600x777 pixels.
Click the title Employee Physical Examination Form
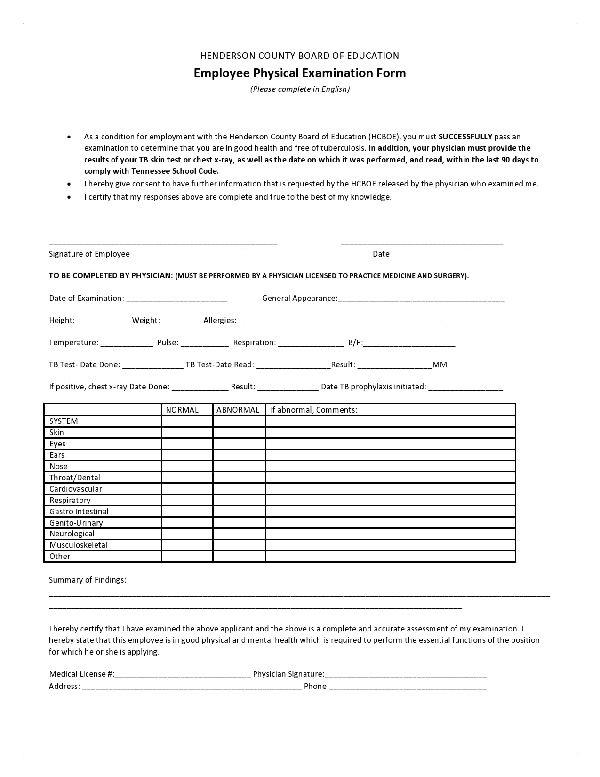point(299,73)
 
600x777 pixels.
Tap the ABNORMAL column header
point(238,410)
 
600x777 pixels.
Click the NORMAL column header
point(182,410)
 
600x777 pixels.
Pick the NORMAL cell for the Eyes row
point(187,444)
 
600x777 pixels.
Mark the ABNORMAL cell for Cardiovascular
point(239,489)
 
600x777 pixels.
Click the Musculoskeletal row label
point(78,545)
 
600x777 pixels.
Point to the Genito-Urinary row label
point(76,523)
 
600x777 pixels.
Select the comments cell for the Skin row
point(390,432)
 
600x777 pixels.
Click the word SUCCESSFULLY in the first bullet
point(465,137)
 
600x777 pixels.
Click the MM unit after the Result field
point(440,364)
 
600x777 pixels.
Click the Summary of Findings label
point(88,580)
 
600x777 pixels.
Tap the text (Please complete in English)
point(300,89)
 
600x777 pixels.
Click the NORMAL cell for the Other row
point(187,556)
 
